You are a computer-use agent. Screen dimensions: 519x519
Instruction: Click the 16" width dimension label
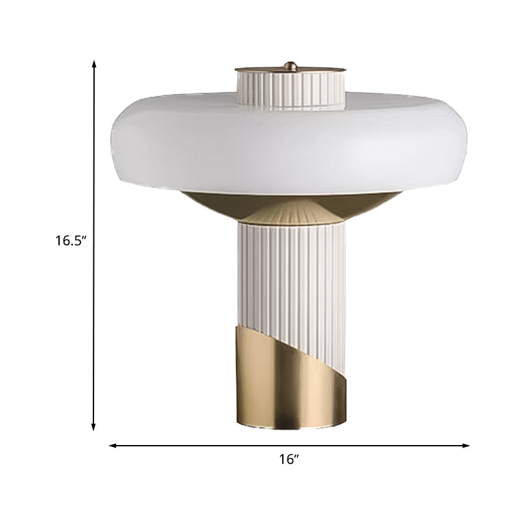(x=289, y=459)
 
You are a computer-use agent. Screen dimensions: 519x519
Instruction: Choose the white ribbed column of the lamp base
(x=289, y=272)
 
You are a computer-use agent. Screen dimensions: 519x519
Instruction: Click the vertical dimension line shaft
(x=94, y=162)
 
